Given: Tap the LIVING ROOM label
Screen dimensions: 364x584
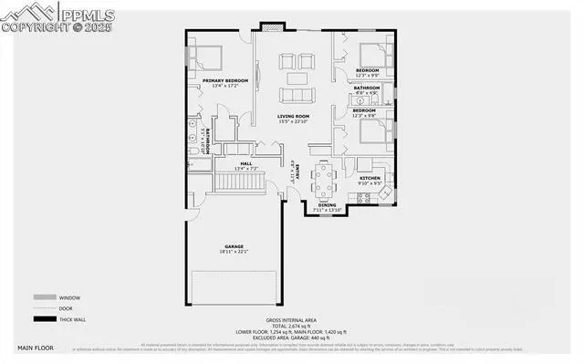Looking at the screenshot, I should (x=294, y=116).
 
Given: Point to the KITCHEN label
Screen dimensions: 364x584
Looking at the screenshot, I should (x=370, y=176).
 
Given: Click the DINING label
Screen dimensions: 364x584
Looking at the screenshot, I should (x=326, y=205).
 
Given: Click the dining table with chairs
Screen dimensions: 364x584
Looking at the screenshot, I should (x=325, y=179).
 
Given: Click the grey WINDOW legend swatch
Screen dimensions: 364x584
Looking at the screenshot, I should (x=43, y=296).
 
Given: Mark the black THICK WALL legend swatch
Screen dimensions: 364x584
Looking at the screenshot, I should (x=43, y=319).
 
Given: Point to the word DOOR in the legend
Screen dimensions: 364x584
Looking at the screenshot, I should (x=66, y=308).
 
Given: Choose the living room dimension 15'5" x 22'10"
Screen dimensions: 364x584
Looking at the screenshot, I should (x=294, y=121).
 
